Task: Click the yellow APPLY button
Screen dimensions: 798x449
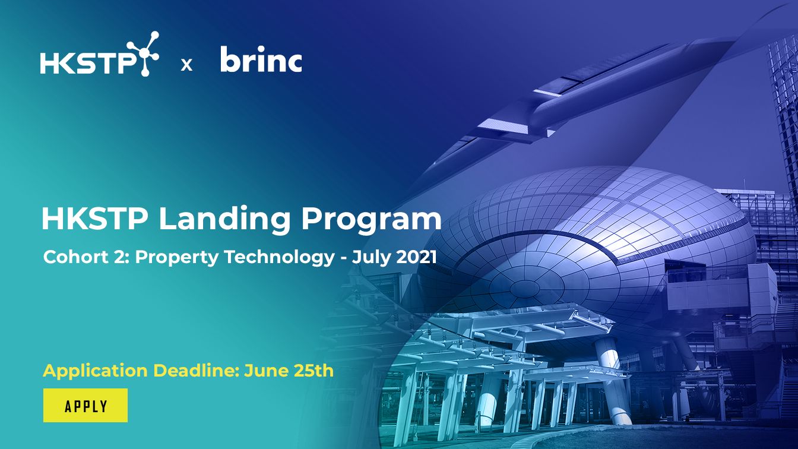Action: pos(85,406)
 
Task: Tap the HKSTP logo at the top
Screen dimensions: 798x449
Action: pos(99,54)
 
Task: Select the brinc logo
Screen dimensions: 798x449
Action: pos(261,59)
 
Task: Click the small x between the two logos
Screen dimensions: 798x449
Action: pos(186,65)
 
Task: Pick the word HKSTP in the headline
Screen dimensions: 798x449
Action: pos(95,219)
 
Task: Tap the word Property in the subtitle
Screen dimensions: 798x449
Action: pos(177,258)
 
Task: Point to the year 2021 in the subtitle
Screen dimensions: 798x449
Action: pos(416,257)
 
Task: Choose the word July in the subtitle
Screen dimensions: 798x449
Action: pos(371,258)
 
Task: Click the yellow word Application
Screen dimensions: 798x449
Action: pos(95,371)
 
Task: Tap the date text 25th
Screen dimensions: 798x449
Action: pos(313,370)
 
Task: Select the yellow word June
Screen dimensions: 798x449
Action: pos(266,371)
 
